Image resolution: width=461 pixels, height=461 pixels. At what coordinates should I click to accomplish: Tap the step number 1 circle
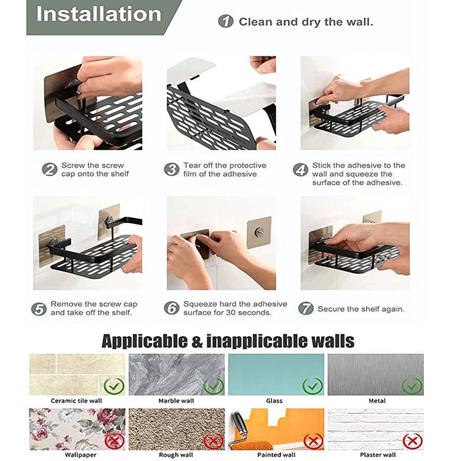coord(225,21)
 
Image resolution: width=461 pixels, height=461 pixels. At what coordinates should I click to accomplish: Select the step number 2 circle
coord(49,169)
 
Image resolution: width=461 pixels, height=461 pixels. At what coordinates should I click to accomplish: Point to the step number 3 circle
coord(171,169)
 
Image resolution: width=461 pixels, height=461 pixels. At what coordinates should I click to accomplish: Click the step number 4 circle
coord(301,170)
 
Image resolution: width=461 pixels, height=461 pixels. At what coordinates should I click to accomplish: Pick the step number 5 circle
coord(39,308)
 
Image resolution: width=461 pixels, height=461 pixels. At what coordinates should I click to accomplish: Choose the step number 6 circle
coord(171,308)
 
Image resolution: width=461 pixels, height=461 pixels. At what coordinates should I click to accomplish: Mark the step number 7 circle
coord(306,308)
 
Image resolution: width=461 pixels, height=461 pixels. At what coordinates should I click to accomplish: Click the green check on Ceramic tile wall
coord(113,385)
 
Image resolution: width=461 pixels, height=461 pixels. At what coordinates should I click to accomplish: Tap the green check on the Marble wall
coord(213,385)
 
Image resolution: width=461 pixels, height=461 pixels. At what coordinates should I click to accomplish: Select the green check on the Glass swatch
coord(313,385)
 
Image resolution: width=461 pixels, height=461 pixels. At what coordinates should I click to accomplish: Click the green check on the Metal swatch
coord(412,385)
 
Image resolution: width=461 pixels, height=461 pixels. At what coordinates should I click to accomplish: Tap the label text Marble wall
coord(176,401)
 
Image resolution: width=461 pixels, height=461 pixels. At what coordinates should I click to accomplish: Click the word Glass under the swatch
coord(274,401)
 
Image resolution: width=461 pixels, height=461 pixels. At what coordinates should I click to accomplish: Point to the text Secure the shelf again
coord(361,309)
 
